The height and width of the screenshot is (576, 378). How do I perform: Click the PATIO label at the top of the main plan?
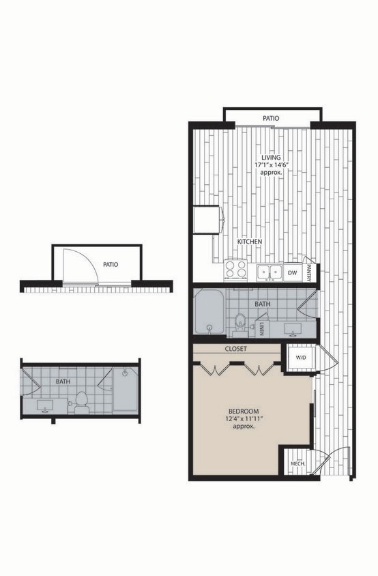[271, 119]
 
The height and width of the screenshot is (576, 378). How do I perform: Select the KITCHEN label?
[249, 242]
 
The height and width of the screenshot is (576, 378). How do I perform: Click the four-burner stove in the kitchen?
[237, 270]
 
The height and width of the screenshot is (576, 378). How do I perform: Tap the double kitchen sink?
[270, 272]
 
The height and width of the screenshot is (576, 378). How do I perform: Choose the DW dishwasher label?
[292, 273]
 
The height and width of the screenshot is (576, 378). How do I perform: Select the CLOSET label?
[235, 349]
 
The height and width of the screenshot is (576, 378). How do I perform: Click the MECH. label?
[297, 464]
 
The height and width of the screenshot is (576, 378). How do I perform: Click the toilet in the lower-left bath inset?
[81, 399]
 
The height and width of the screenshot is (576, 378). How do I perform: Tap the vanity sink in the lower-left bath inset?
[45, 407]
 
